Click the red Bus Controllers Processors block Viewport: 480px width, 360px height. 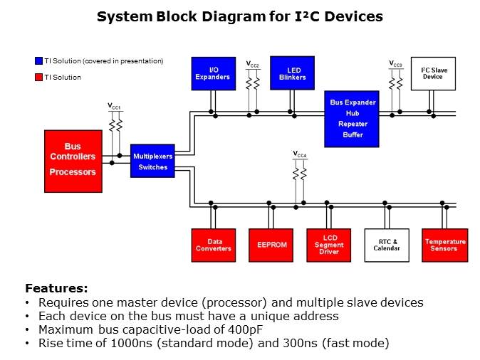tap(73, 162)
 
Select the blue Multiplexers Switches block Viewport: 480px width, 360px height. tap(152, 161)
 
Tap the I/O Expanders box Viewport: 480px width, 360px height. tap(213, 73)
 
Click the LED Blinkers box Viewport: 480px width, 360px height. tap(292, 73)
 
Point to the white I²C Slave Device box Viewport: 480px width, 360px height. tap(432, 73)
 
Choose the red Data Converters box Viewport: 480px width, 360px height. tap(214, 245)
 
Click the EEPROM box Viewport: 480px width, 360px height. tap(271, 245)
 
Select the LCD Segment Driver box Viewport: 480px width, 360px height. tap(328, 245)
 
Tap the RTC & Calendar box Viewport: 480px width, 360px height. tap(387, 245)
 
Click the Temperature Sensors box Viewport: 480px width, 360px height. tap(445, 245)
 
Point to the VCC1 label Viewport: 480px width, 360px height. tap(115, 107)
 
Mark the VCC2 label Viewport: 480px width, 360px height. tap(253, 64)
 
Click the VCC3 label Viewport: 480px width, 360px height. tap(396, 64)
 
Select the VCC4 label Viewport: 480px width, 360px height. tap(300, 154)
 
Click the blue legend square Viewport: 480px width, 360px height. tap(38, 61)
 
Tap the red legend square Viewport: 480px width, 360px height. tap(38, 77)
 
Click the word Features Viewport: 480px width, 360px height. tap(56, 288)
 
